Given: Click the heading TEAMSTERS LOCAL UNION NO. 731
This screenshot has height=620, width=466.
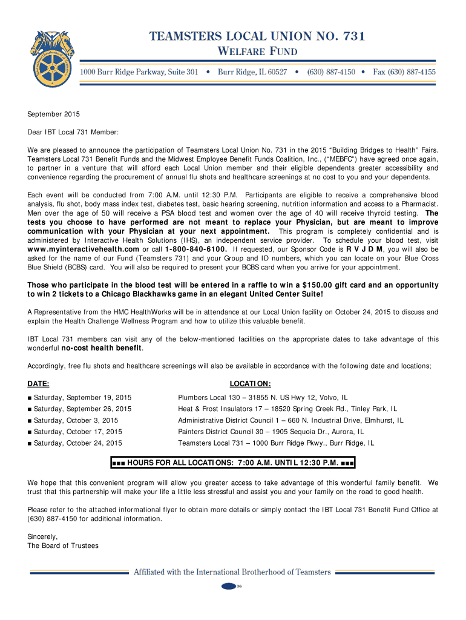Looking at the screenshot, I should [257, 37].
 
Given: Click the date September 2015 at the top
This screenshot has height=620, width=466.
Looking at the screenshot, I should [53, 114].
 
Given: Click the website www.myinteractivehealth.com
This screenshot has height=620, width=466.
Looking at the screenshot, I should [84, 249].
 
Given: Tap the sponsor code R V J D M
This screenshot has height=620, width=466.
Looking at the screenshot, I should [364, 249].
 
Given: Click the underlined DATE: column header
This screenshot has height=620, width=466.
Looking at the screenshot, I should [38, 384].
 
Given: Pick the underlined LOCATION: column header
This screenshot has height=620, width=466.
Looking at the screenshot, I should [251, 384].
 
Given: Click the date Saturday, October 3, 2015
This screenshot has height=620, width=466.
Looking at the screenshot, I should [76, 420].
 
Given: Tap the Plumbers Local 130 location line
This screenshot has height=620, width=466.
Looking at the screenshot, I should [263, 398].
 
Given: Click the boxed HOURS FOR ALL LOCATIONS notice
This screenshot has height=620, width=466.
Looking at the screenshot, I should [233, 464].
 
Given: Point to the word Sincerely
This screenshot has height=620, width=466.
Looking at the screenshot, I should [42, 536].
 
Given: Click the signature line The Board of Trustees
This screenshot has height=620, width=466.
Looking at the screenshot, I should [63, 546].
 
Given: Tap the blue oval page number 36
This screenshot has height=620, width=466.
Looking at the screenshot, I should [230, 586].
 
